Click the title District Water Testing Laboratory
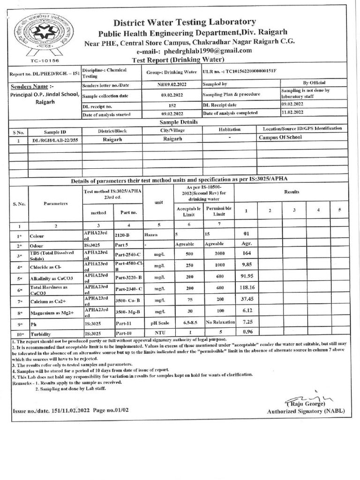(x=185, y=22)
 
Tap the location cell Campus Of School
(x=280, y=138)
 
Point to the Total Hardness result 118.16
(x=247, y=287)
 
